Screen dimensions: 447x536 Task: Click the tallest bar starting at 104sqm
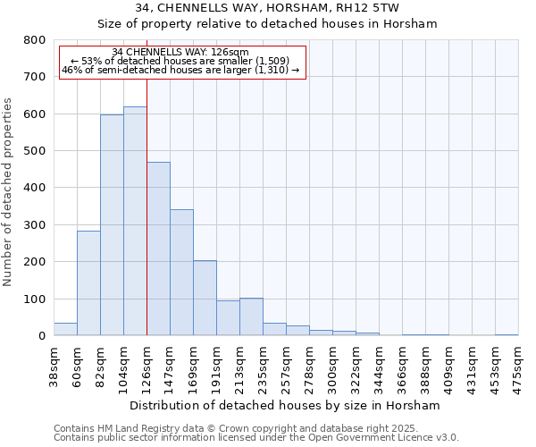pos(135,221)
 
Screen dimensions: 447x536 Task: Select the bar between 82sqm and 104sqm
pos(112,225)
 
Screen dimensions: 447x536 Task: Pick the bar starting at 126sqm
pos(158,249)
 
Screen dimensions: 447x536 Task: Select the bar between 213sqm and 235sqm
pos(251,316)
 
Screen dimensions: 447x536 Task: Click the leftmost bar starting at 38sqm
pos(65,329)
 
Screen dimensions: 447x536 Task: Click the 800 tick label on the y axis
pos(34,40)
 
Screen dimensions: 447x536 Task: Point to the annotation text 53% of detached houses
pos(181,61)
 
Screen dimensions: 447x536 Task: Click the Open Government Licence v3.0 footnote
pos(256,437)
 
